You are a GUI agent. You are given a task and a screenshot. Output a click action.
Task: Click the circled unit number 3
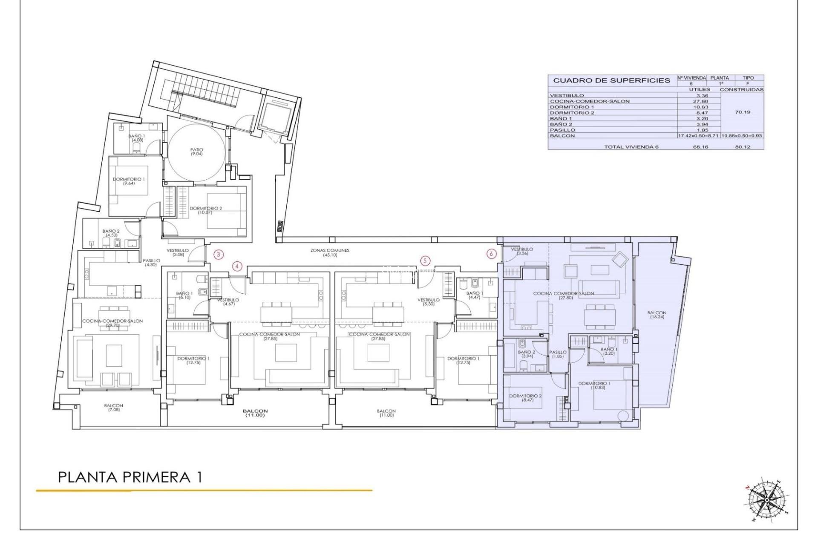(219, 255)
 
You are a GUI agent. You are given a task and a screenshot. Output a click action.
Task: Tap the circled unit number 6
(492, 254)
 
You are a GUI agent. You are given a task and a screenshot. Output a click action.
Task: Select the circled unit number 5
(425, 261)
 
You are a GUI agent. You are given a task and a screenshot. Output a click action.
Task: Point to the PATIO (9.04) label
(197, 152)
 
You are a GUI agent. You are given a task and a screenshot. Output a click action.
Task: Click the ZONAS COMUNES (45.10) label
(330, 252)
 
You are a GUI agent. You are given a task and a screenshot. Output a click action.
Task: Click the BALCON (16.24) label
(656, 315)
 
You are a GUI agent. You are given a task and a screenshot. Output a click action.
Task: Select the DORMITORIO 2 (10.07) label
(206, 210)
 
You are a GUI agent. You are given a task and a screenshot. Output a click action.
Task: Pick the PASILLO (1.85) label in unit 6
(558, 354)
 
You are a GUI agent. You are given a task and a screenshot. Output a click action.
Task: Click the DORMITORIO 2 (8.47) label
(525, 398)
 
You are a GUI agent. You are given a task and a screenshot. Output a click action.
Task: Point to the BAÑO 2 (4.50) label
(111, 233)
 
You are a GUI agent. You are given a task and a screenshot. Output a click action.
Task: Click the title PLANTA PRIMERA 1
(130, 477)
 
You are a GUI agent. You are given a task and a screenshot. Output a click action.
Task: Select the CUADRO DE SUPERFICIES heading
(611, 80)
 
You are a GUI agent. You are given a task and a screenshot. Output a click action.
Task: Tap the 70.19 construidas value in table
(743, 112)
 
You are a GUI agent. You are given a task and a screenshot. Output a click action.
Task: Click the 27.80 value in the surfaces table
(699, 101)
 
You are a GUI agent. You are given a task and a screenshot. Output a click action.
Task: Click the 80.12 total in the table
(742, 147)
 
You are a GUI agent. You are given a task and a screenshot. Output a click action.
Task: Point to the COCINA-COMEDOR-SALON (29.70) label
(112, 323)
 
